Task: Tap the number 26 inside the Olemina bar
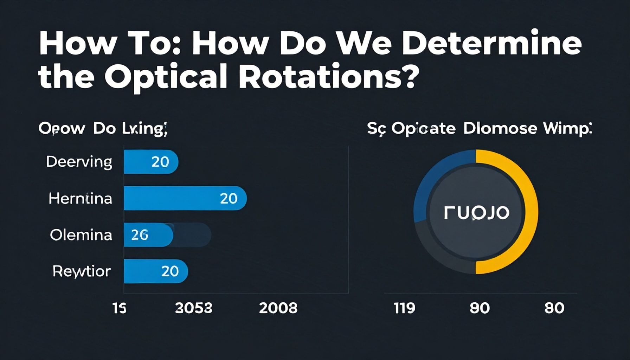coord(140,235)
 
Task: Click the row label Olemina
coord(81,235)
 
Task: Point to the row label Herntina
coord(80,199)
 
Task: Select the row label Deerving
coord(79,162)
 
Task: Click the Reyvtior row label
coord(82,271)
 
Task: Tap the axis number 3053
coord(194,308)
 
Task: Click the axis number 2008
coord(278,308)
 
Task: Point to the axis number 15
coord(119,308)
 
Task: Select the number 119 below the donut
coord(404,308)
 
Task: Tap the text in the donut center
coord(476,213)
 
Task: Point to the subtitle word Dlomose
coord(500,128)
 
